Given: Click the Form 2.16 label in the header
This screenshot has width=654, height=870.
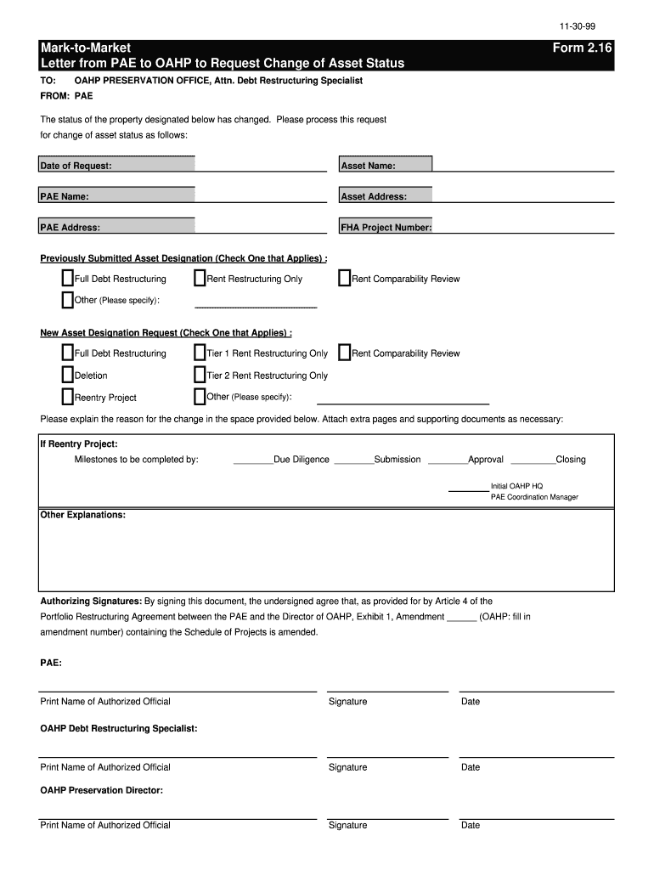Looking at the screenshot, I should (582, 48).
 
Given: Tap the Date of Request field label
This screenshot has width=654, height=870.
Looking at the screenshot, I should (76, 166).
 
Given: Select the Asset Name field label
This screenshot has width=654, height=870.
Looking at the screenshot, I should (368, 166).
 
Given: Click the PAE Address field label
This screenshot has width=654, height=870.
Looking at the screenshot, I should (70, 228).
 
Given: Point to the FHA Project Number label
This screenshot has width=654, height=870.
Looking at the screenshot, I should (386, 228).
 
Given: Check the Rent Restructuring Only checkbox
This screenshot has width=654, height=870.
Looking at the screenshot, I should (200, 279).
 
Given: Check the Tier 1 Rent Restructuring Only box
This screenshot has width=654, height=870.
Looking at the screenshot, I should (200, 353).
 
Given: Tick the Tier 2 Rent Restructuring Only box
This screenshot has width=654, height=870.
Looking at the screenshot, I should (200, 376).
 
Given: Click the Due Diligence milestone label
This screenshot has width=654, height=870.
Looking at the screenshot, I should (301, 460).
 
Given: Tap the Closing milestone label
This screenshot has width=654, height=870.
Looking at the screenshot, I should (570, 460).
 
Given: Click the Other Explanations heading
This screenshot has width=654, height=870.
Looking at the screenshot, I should (82, 515).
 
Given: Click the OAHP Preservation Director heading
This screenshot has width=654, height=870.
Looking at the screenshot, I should (101, 790).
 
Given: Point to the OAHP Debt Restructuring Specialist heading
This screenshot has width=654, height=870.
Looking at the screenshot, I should (118, 728).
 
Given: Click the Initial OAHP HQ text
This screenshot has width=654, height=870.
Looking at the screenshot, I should (516, 486).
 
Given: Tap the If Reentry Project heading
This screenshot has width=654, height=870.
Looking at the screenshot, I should (79, 443).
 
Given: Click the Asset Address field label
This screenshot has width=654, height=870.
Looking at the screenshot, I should (373, 197).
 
